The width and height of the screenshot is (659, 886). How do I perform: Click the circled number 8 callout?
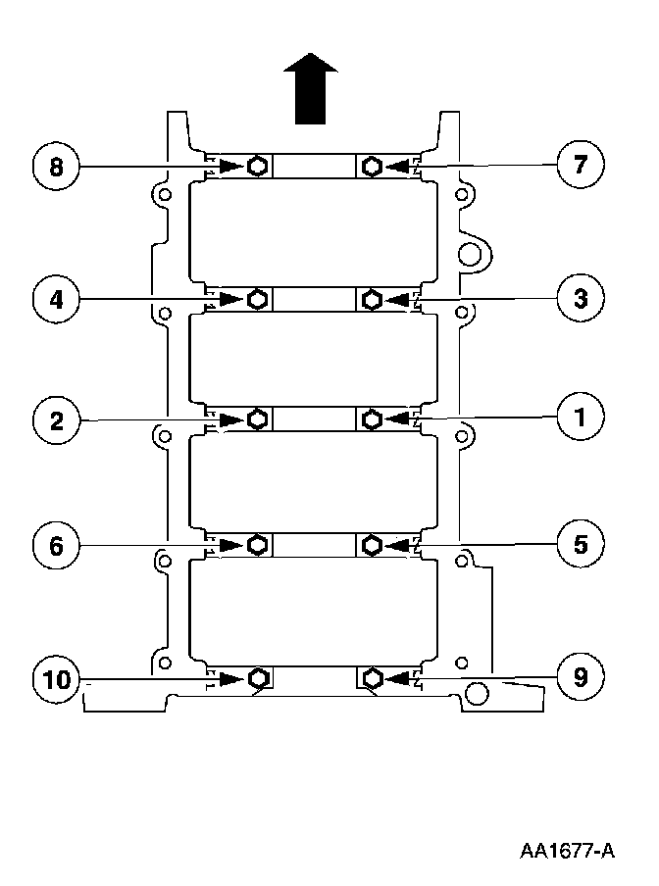point(56,166)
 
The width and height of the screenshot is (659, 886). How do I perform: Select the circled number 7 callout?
point(581,165)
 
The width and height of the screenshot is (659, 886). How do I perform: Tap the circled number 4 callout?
point(56,298)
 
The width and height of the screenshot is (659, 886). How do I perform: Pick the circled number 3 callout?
point(581,298)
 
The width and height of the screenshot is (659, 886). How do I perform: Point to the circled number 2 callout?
point(56,421)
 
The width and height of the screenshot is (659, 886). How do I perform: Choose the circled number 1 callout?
point(581,419)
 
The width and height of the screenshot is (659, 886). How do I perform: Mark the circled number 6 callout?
point(56,545)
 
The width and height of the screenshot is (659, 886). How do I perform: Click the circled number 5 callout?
point(581,544)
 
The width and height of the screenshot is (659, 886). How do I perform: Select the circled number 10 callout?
point(56,678)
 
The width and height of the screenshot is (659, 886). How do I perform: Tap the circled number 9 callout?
point(581,676)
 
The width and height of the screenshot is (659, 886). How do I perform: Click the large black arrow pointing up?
point(310,90)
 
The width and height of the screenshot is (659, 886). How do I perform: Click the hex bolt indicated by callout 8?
point(257,166)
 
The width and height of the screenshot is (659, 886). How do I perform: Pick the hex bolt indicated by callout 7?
point(372,166)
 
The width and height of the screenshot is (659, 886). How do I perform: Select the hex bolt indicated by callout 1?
point(372,420)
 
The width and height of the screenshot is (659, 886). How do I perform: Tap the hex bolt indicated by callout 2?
point(257,420)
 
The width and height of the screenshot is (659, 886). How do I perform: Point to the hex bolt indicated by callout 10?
point(258,678)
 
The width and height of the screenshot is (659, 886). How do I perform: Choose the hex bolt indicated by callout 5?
point(372,544)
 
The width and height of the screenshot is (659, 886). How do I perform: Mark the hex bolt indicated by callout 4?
point(257,298)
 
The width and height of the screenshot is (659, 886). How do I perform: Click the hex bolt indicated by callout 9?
point(372,677)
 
